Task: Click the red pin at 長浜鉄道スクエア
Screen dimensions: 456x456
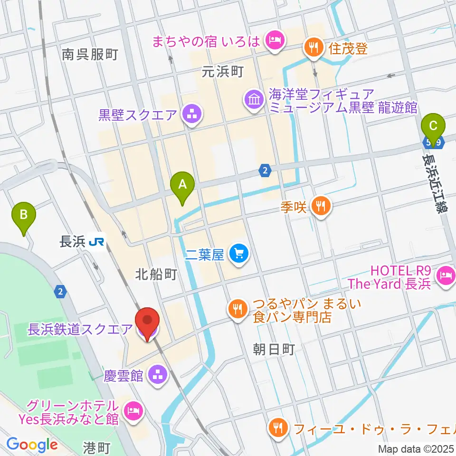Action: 148,323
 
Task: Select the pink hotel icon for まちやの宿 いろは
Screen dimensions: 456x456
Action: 275,41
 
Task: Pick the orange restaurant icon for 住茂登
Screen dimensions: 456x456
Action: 313,47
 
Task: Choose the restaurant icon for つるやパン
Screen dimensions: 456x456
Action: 237,309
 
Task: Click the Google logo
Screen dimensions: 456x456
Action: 31,445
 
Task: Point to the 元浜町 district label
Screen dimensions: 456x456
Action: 222,72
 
